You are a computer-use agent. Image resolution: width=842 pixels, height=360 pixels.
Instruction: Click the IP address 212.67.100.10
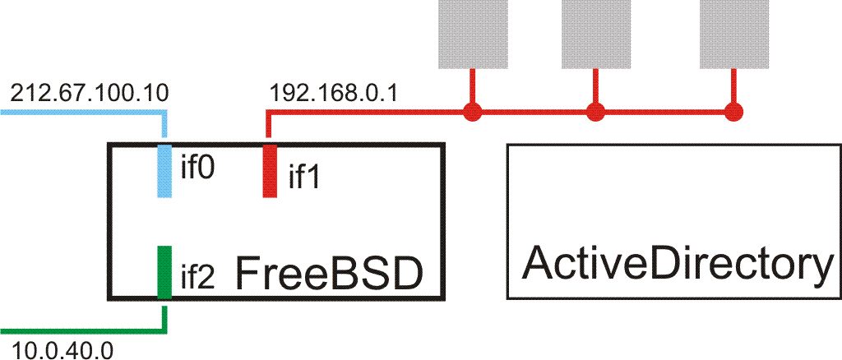pyautogui.click(x=89, y=93)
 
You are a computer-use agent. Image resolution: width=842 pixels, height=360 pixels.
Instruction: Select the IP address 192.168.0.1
pyautogui.click(x=334, y=93)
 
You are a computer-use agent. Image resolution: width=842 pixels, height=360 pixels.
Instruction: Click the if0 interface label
pyautogui.click(x=198, y=168)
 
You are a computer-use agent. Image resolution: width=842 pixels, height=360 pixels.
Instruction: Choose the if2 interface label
pyautogui.click(x=198, y=278)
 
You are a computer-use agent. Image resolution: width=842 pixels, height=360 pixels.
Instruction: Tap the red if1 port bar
pyautogui.click(x=269, y=171)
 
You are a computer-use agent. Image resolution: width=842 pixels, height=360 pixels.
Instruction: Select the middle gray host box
pyautogui.click(x=595, y=33)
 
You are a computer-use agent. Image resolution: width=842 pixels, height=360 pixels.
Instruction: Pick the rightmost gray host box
pyautogui.click(x=733, y=33)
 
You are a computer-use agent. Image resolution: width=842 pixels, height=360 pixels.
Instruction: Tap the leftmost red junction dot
pyautogui.click(x=471, y=111)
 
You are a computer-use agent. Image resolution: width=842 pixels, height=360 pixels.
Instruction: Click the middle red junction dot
pyautogui.click(x=595, y=111)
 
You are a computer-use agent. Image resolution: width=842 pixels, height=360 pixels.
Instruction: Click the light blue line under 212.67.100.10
pyautogui.click(x=82, y=110)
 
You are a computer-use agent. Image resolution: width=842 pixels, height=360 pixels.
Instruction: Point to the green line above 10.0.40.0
pyautogui.click(x=82, y=332)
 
